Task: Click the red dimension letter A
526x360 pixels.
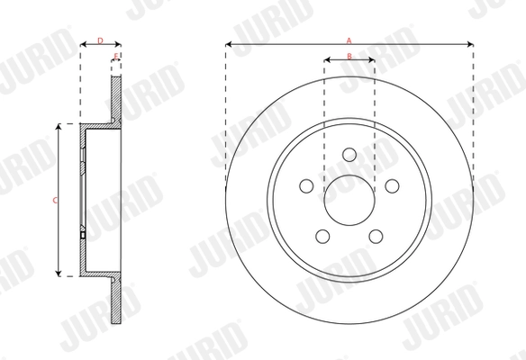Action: tap(349, 39)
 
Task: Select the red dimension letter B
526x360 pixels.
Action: tap(349, 56)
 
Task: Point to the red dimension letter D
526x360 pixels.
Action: tap(100, 40)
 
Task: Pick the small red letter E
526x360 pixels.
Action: tap(116, 57)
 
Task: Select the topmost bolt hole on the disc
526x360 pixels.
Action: tap(349, 156)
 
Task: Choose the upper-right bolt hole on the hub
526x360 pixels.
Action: tap(392, 185)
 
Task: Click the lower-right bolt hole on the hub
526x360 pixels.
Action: tap(376, 236)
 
